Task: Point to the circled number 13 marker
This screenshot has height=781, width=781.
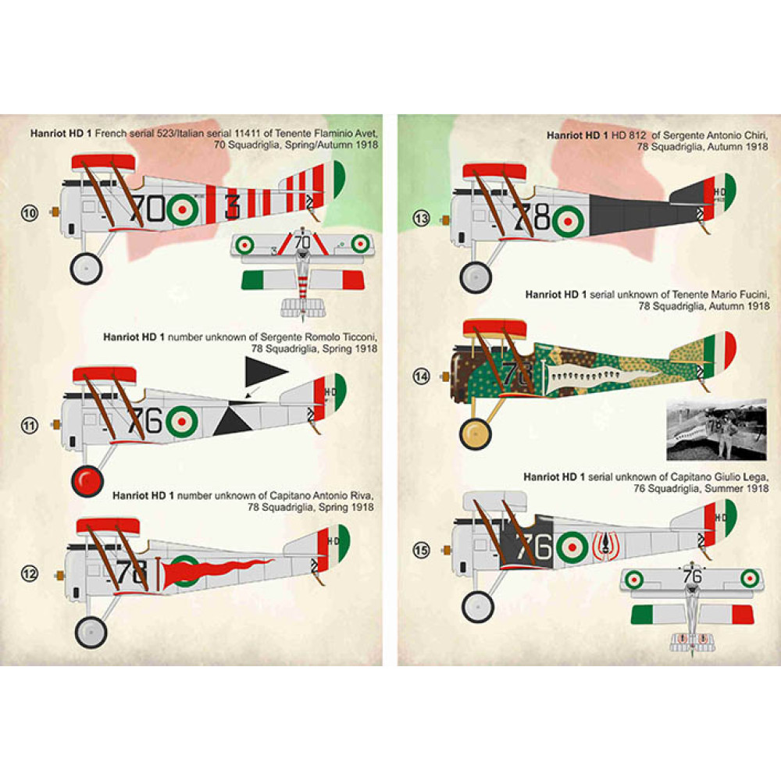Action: coord(422,219)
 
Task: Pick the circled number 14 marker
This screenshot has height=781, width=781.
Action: coord(422,376)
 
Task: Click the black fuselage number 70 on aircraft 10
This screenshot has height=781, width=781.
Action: coord(148,209)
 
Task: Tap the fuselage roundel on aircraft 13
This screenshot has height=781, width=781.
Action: coord(568,221)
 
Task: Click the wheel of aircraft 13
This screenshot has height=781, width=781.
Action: coord(476,276)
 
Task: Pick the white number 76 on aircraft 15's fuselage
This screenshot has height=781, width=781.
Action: coord(535,546)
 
